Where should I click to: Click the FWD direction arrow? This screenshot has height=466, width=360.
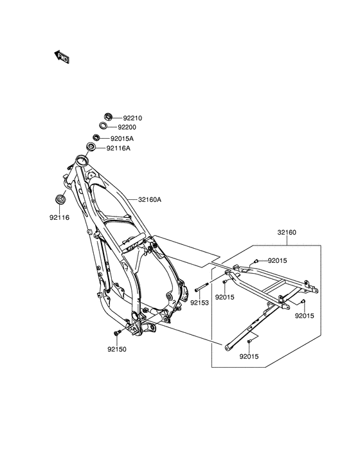62,57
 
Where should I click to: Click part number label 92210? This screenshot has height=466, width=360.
132,118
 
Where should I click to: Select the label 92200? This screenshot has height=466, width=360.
127,127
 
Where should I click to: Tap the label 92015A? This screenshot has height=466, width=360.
122,138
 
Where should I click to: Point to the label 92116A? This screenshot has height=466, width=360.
118,148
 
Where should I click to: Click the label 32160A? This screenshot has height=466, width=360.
150,200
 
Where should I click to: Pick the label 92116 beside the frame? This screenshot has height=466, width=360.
59,217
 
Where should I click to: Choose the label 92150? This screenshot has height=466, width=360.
117,350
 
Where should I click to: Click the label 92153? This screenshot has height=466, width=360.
200,303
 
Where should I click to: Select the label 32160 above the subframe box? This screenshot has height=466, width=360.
287,233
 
